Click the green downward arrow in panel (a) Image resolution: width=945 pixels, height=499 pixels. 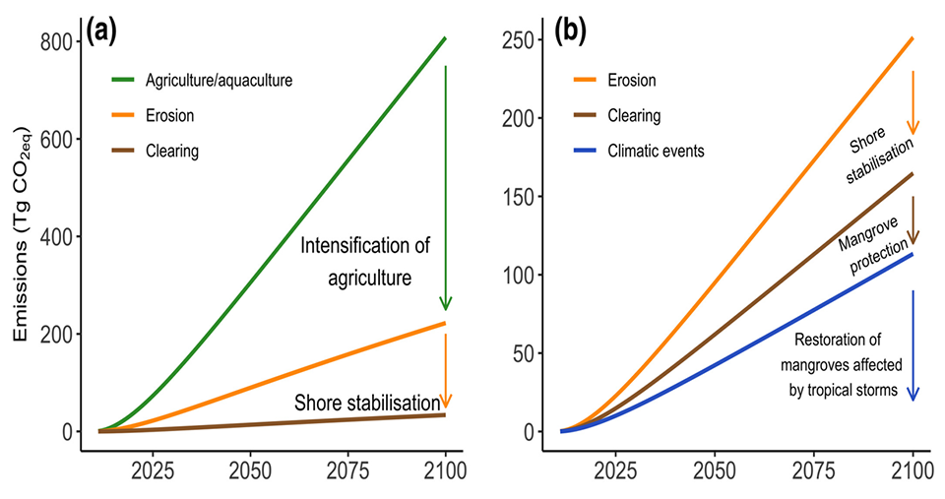click(446, 187)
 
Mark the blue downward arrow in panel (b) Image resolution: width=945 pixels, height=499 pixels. click(913, 344)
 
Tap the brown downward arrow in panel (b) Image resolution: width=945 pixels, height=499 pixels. click(913, 219)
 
